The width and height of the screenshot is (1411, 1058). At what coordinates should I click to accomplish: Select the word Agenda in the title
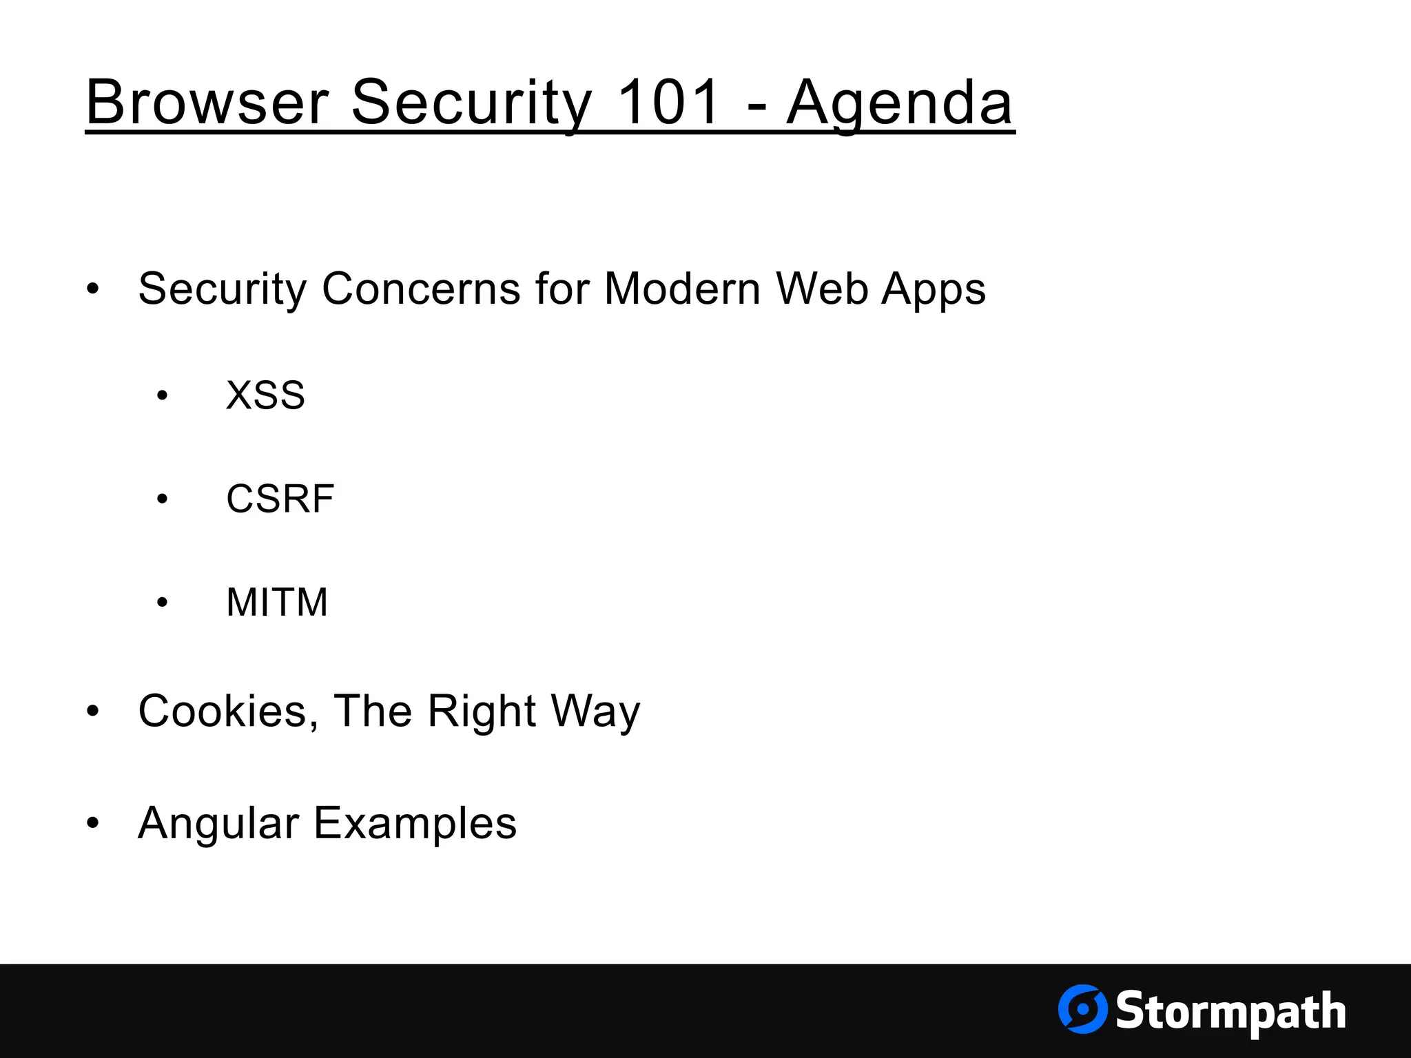click(x=899, y=103)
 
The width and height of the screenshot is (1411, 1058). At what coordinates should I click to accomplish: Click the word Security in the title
click(x=471, y=103)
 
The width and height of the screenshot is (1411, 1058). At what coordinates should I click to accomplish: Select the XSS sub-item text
click(x=265, y=395)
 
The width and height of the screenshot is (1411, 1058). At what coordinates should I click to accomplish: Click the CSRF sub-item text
click(x=280, y=499)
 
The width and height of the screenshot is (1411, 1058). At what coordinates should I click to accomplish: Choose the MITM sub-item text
click(x=277, y=602)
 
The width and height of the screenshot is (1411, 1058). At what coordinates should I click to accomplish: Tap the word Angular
click(x=218, y=824)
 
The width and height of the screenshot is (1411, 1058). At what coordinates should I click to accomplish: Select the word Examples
click(x=415, y=824)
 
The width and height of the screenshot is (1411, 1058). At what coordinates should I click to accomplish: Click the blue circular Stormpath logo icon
click(x=1082, y=1009)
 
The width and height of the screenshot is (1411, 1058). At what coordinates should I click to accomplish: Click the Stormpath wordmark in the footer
click(x=1230, y=1011)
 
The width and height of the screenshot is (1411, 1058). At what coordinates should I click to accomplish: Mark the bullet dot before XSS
click(x=162, y=396)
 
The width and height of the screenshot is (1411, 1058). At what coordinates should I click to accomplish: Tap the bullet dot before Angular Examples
click(x=93, y=823)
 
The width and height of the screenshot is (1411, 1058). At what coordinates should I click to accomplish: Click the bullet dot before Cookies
click(x=93, y=712)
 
